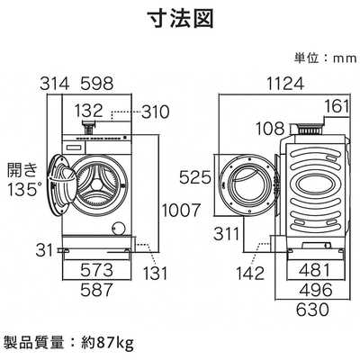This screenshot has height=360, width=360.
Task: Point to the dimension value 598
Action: (96, 84)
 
